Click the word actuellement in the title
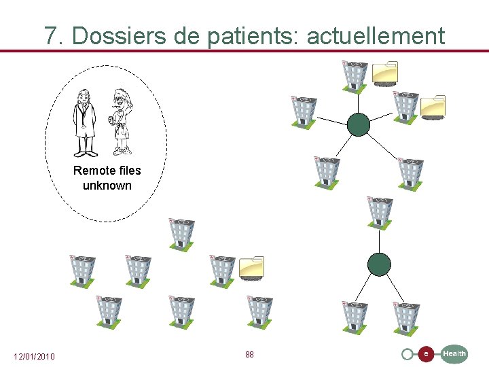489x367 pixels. (376, 35)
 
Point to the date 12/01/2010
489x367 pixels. (35, 357)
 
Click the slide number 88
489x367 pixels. (249, 355)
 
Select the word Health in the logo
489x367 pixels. (454, 353)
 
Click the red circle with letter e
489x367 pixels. (425, 354)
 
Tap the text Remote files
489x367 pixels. (107, 171)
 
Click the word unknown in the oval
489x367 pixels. (107, 186)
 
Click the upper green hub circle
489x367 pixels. (358, 124)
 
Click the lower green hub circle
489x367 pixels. (379, 264)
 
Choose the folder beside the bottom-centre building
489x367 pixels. (251, 268)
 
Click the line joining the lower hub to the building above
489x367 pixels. (380, 240)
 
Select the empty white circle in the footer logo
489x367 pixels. (407, 354)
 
